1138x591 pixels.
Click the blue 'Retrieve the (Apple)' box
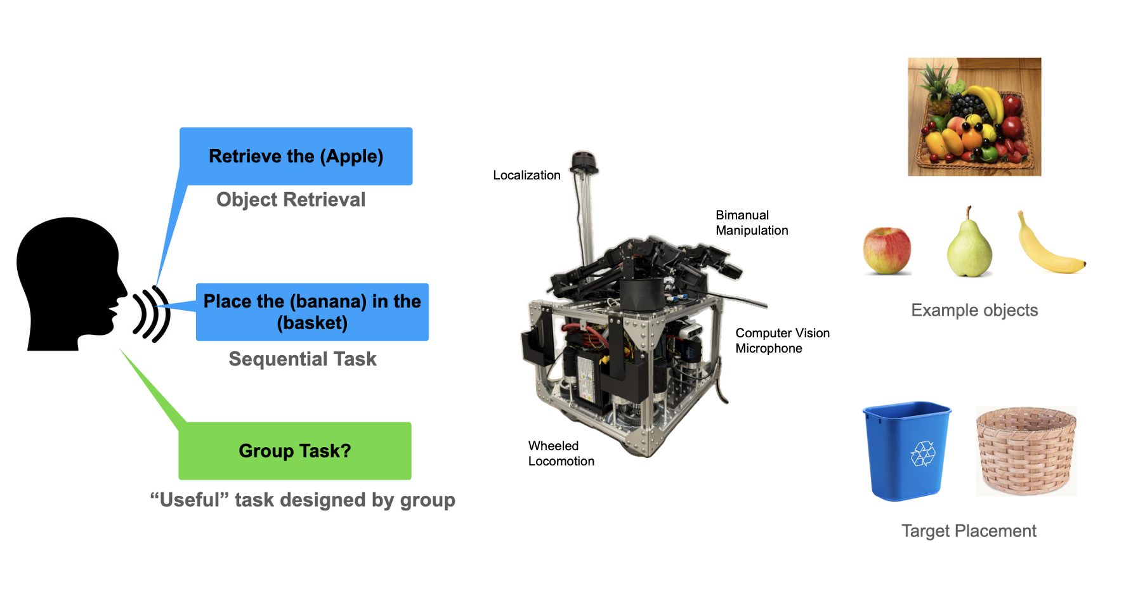296,156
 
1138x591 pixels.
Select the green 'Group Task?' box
295,451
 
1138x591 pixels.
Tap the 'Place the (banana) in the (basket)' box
312,312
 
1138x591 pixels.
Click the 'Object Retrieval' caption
291,200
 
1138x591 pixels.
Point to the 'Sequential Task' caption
303,359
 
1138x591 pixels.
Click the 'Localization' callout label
526,175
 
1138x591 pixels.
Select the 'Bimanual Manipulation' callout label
752,223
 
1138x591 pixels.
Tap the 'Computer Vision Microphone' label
782,341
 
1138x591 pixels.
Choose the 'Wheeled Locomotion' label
561,453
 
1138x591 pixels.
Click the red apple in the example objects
887,250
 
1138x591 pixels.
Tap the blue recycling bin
907,450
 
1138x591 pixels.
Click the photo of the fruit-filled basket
974,117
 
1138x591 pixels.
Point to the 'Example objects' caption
974,310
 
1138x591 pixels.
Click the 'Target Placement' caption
969,531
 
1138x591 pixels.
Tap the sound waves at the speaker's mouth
151,315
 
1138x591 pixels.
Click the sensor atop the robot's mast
584,162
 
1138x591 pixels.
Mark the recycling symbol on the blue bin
923,453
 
